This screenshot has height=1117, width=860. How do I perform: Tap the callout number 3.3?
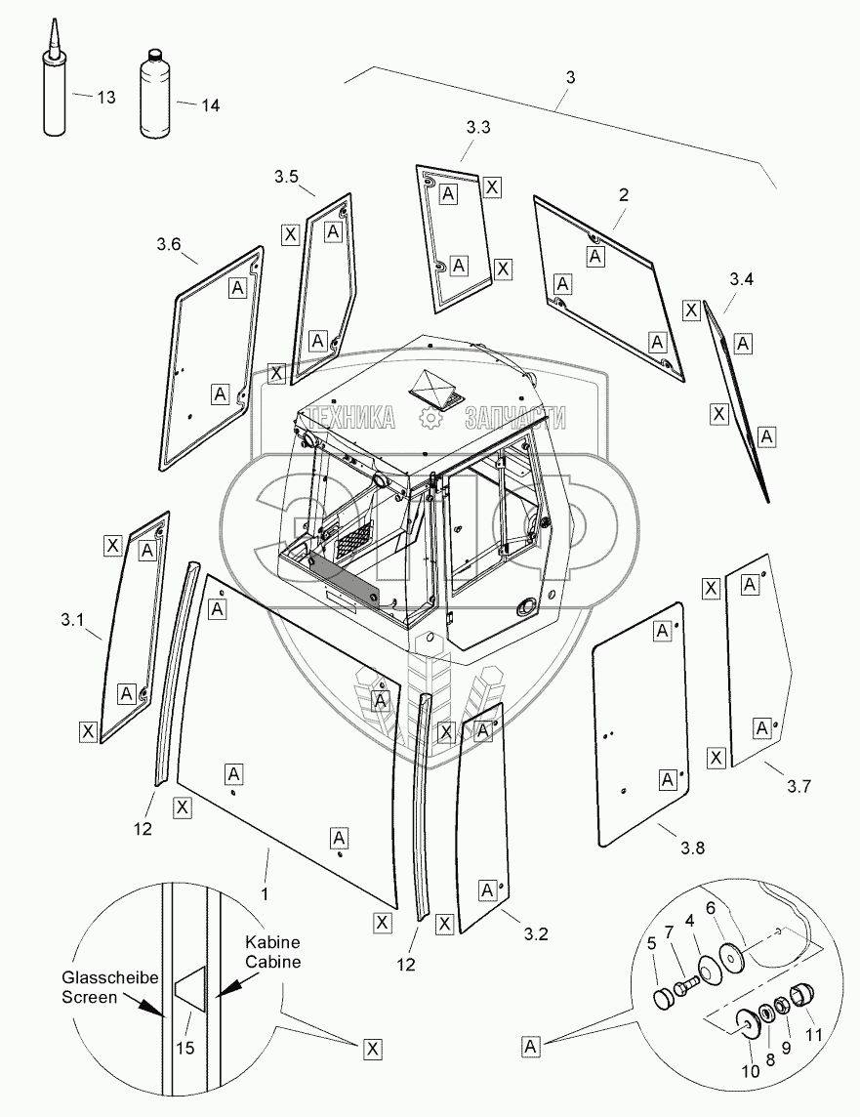478,127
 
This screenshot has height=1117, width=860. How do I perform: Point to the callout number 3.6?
168,246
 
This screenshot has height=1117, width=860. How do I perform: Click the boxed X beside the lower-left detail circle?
371,1049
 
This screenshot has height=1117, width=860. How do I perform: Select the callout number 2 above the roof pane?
622,194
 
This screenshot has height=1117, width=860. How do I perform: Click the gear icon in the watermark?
429,419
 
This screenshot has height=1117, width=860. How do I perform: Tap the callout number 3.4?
742,280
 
